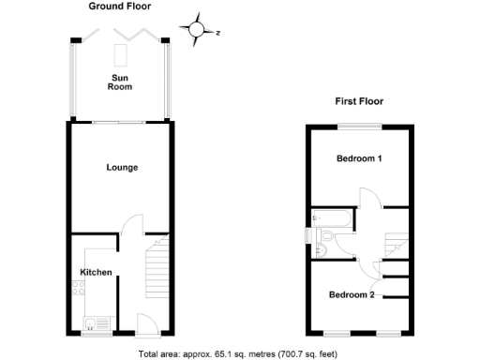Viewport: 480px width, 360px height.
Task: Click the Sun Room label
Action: tap(119, 82)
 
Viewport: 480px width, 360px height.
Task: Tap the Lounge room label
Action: tap(122, 168)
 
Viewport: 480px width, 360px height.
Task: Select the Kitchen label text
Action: tap(97, 273)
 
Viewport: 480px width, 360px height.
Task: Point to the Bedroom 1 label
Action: tap(359, 158)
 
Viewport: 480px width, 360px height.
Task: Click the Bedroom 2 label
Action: tap(352, 295)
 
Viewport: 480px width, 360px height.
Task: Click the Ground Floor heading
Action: tap(119, 7)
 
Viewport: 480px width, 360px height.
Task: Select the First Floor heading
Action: tap(359, 101)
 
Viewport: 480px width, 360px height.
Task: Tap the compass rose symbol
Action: tap(198, 30)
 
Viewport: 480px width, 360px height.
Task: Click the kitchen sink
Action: tap(90, 324)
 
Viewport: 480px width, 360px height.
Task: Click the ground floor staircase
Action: tap(157, 272)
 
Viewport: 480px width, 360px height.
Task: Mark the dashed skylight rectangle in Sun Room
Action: tap(121, 52)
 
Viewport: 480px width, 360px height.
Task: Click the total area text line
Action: tap(239, 353)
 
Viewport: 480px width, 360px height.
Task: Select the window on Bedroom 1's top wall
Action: tap(359, 126)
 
